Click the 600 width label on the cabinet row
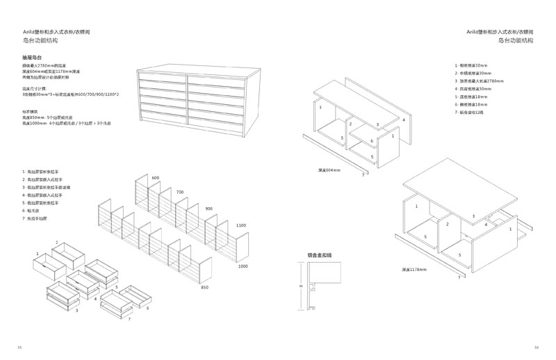point(155,179)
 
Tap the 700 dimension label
point(179,192)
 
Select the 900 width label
point(208,208)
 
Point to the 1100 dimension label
point(240,225)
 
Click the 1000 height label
point(243,267)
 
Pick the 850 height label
point(204,287)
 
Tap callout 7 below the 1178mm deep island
point(459,277)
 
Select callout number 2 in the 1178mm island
point(448,224)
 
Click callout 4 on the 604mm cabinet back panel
point(403,120)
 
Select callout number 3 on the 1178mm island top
point(473,217)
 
